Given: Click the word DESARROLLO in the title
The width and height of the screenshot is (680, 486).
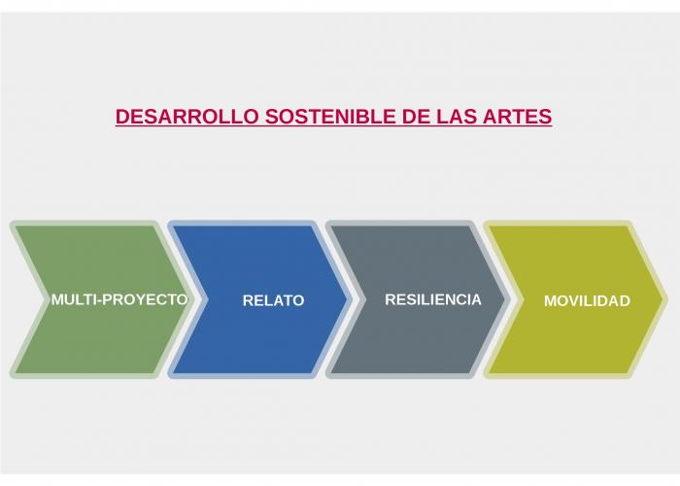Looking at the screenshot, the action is [187, 117].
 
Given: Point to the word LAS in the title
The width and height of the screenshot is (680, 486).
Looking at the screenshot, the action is [456, 117].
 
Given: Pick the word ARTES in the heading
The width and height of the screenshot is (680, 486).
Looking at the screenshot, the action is [517, 117].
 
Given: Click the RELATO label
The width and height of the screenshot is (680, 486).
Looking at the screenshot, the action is [273, 300].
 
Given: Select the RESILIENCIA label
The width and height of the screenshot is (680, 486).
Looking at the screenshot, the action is [433, 299].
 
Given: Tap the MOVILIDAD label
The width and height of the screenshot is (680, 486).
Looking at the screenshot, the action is [587, 300].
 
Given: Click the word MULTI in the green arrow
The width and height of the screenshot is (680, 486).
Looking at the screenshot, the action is [73, 299].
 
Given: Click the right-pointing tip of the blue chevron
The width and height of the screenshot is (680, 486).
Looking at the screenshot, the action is [348, 299].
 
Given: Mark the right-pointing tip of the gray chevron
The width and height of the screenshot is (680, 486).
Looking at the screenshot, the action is [505, 299].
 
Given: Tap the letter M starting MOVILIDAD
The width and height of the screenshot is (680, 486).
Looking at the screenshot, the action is [550, 300].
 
